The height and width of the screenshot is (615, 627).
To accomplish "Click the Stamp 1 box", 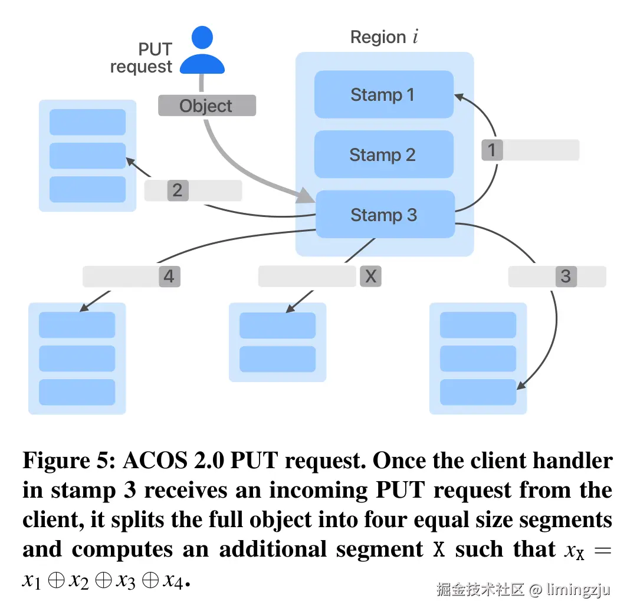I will tap(383, 94).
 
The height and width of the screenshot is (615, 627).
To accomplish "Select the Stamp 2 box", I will tap(383, 154).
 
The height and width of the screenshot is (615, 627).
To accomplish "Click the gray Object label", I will tap(206, 106).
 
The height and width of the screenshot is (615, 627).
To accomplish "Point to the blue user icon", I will tap(202, 51).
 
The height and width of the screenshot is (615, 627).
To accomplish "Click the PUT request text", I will tap(141, 58).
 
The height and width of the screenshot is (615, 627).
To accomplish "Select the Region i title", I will tap(384, 37).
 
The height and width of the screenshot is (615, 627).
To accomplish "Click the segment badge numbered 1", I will tap(492, 150).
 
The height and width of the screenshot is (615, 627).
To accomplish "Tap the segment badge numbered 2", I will tap(177, 190).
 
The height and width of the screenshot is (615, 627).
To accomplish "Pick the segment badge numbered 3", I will tap(566, 276).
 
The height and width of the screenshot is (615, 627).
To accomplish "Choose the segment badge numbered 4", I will tap(169, 276).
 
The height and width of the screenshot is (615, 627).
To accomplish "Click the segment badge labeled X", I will tap(370, 276).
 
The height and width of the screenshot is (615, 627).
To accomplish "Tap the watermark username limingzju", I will tap(577, 589).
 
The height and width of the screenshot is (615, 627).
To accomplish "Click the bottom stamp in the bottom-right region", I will tap(478, 392).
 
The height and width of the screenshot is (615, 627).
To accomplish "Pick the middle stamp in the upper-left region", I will tap(87, 156).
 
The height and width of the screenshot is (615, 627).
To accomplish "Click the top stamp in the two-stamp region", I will tap(277, 325).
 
